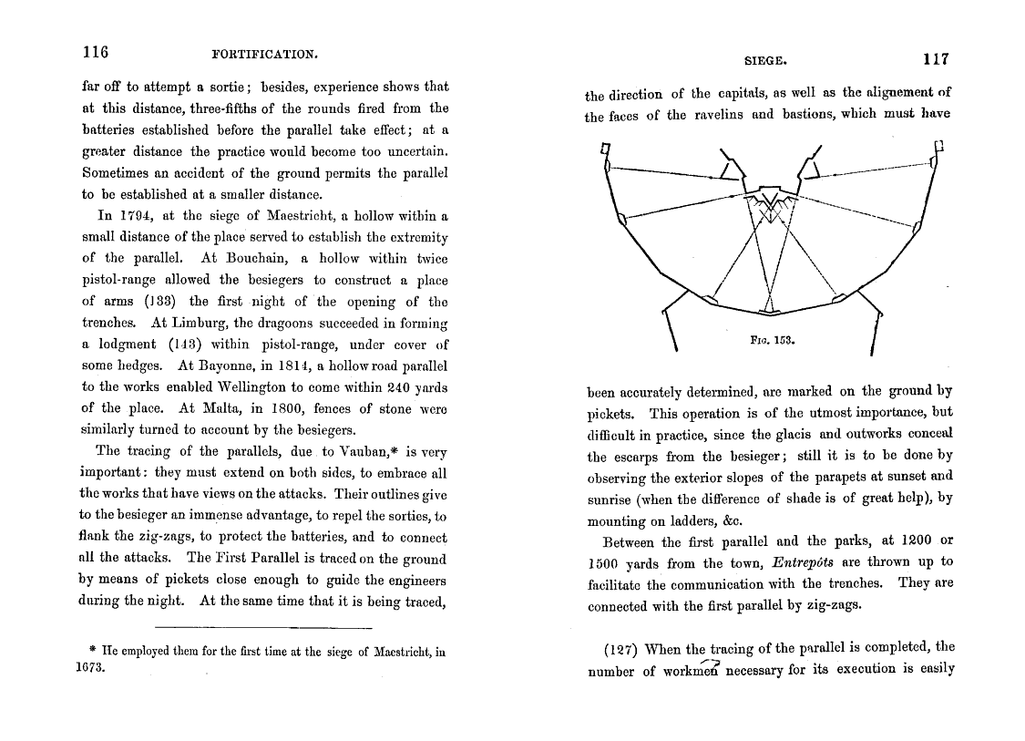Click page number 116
pyautogui.click(x=95, y=52)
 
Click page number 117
pyautogui.click(x=935, y=59)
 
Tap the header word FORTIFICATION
pyautogui.click(x=264, y=54)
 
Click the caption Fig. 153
pyautogui.click(x=779, y=344)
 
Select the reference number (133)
pyautogui.click(x=138, y=302)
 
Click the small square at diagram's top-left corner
pyautogui.click(x=605, y=147)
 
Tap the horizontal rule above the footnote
pyautogui.click(x=263, y=627)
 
